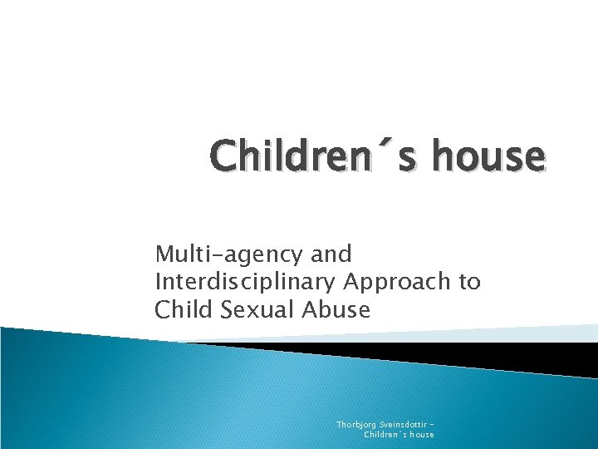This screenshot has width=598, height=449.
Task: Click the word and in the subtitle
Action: [330, 254]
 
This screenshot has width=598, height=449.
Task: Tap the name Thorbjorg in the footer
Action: [355, 424]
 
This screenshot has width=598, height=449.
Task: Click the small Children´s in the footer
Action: [386, 434]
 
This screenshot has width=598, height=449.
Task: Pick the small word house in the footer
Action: [421, 434]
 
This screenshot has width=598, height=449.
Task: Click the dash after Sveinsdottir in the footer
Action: [433, 425]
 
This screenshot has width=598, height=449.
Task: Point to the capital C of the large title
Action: [223, 155]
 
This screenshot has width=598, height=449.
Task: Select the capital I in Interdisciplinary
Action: [158, 282]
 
